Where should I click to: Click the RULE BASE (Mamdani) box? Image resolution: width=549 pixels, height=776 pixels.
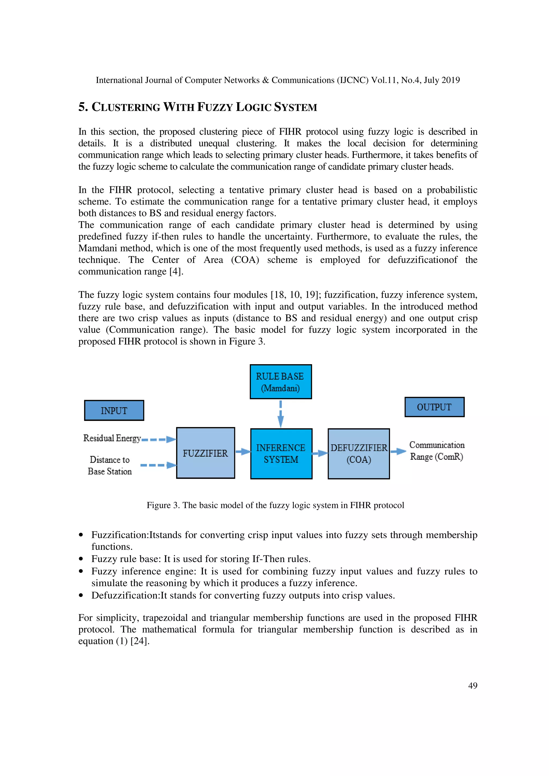pos(280,382)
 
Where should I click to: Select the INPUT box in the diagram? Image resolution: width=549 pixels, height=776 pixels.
pos(114,410)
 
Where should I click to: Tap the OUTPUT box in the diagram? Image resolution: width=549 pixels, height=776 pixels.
pos(434,407)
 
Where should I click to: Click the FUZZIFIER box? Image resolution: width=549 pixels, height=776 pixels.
pos(205,453)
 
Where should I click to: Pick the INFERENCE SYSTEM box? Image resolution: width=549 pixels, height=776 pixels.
pos(281,454)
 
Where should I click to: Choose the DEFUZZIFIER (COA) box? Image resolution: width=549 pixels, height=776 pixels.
pos(359,454)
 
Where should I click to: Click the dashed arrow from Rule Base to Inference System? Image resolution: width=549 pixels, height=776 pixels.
pos(280,414)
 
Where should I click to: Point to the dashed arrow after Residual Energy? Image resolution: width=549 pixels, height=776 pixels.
pos(158,440)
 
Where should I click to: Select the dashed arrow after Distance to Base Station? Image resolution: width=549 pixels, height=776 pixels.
pos(158,465)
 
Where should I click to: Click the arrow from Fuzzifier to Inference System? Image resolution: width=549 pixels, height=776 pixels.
pos(243,451)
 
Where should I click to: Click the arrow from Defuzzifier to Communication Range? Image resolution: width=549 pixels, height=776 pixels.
pos(398,451)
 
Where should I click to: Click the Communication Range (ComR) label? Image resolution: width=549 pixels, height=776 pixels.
pos(437,451)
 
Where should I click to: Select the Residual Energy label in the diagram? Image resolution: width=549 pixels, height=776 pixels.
pos(112,438)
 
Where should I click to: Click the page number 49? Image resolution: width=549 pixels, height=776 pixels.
pos(473,685)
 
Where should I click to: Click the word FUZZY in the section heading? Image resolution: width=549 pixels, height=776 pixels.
pos(216,107)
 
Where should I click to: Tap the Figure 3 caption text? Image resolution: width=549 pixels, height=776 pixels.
pos(275,505)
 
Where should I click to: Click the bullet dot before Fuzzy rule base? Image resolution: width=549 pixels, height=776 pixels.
pos(81,559)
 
